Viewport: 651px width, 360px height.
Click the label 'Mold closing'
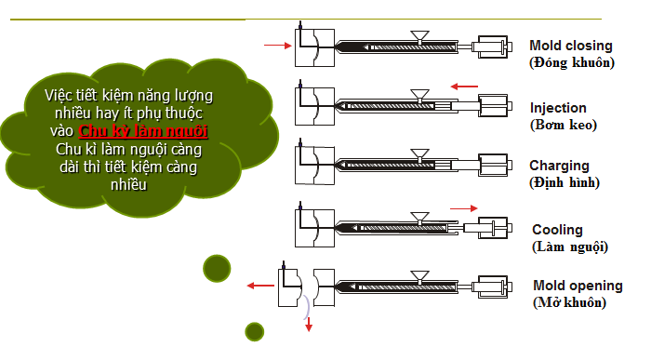click(x=571, y=46)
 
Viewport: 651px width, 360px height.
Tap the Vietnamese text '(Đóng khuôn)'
click(x=572, y=62)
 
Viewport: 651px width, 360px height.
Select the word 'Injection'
click(x=558, y=108)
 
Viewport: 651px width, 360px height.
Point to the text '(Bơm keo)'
click(x=564, y=125)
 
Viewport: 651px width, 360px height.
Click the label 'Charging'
click(x=559, y=166)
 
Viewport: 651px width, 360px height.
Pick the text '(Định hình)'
click(x=565, y=182)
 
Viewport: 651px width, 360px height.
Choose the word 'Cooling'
click(x=558, y=230)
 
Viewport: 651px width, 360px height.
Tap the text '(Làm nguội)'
click(x=570, y=247)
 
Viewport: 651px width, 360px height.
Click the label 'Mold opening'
click(x=578, y=286)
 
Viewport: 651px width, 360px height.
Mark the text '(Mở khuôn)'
click(x=569, y=302)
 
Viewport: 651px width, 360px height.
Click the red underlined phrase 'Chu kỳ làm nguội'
click(x=143, y=131)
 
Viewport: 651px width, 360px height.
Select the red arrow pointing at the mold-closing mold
click(x=278, y=46)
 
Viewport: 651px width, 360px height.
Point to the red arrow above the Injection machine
click(x=464, y=87)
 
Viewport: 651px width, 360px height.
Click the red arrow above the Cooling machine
click(x=464, y=208)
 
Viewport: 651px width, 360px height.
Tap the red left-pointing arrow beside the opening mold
click(x=260, y=286)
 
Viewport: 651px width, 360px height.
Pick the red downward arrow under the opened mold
click(x=309, y=325)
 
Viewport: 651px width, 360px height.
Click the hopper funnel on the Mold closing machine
click(x=419, y=36)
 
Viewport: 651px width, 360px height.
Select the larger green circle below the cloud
click(x=217, y=268)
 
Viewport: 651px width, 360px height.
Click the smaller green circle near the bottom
click(x=255, y=332)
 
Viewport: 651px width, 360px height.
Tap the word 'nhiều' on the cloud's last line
click(x=128, y=185)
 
